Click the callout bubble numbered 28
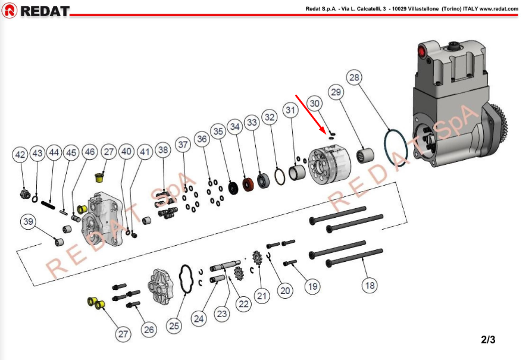354,77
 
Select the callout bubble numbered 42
20,155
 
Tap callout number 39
28,222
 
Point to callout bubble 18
370,286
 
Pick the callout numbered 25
174,325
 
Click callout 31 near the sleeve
290,110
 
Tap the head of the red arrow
326,131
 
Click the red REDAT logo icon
10,11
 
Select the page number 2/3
488,340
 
